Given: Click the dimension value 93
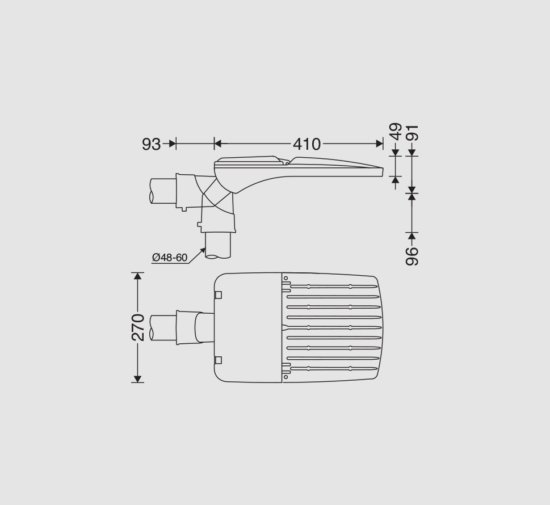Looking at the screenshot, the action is [151, 144].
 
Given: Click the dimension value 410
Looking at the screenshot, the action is [307, 144].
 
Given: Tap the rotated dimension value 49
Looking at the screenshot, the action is [396, 132].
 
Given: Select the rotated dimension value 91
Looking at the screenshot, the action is [412, 133].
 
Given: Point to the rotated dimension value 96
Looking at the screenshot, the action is [412, 256].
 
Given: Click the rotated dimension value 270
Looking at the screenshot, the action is [138, 327].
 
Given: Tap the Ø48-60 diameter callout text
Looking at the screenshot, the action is [170, 258].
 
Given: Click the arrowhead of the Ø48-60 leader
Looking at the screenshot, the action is [203, 250].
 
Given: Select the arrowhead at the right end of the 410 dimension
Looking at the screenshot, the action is [380, 144].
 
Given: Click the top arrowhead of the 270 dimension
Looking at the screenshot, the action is [138, 276].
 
